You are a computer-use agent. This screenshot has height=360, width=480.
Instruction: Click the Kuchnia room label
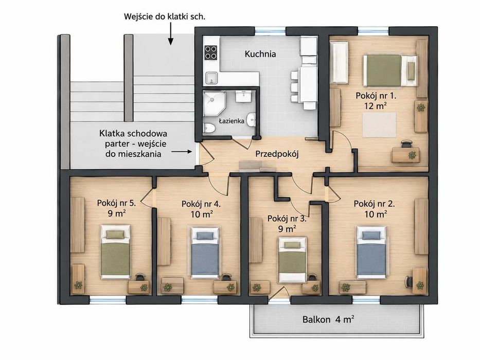click(x=260, y=54)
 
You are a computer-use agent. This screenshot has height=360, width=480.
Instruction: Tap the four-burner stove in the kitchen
click(x=211, y=52)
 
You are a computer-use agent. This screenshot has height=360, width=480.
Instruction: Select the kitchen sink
click(x=211, y=78)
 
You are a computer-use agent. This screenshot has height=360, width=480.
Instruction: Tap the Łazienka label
click(x=232, y=121)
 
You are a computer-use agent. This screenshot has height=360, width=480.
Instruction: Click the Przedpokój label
click(x=277, y=154)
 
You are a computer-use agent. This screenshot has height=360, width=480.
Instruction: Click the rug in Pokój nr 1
click(x=379, y=125)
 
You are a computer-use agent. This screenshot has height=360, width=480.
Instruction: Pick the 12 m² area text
click(x=375, y=106)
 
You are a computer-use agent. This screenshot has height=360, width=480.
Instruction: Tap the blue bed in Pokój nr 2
click(x=371, y=252)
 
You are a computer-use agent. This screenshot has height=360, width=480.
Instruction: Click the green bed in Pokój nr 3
click(x=292, y=260)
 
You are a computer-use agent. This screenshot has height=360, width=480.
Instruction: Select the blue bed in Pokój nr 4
click(x=205, y=253)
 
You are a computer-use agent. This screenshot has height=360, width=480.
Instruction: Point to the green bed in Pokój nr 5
click(x=116, y=251)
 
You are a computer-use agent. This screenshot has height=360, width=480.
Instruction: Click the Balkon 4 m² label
click(x=328, y=319)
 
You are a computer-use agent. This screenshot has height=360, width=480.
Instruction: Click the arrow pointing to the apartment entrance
click(x=182, y=152)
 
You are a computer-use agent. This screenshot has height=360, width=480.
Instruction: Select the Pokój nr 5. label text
click(x=116, y=203)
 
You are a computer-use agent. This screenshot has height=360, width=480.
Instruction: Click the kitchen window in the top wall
click(x=271, y=30)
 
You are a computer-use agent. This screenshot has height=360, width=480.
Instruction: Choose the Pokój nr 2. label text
click(x=375, y=204)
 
